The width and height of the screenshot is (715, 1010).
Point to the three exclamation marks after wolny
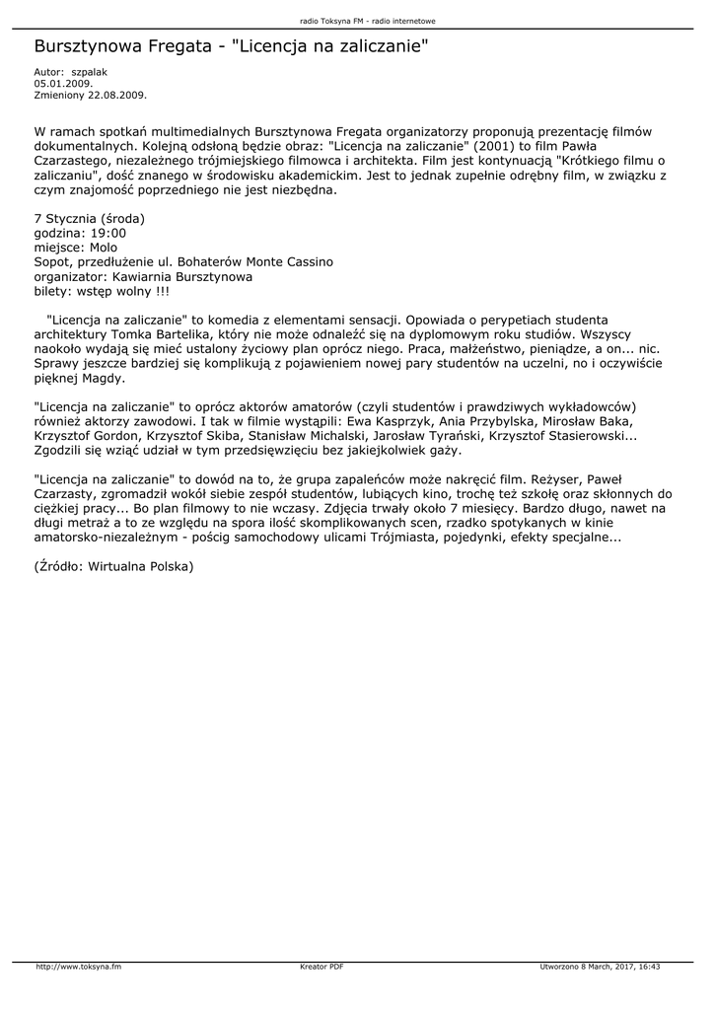(160, 292)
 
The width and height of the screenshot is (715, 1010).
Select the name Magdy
(103, 379)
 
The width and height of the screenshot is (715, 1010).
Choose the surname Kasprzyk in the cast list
(384, 422)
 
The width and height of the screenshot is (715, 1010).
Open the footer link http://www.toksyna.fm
(78, 967)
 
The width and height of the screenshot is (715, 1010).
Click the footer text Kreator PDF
(322, 967)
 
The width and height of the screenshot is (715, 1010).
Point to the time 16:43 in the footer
(649, 967)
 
